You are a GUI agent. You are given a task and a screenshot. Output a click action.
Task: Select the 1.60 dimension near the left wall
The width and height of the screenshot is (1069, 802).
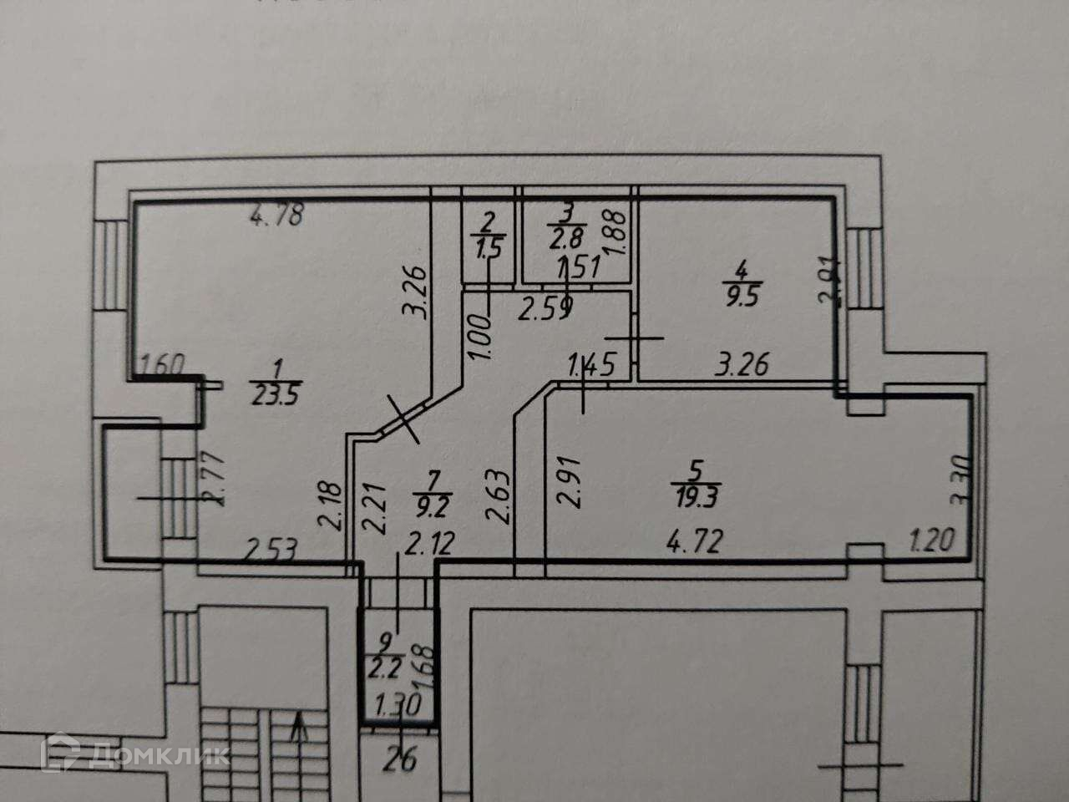point(161,364)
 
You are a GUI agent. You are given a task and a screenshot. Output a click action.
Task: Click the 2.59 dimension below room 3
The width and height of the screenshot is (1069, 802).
point(544,310)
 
